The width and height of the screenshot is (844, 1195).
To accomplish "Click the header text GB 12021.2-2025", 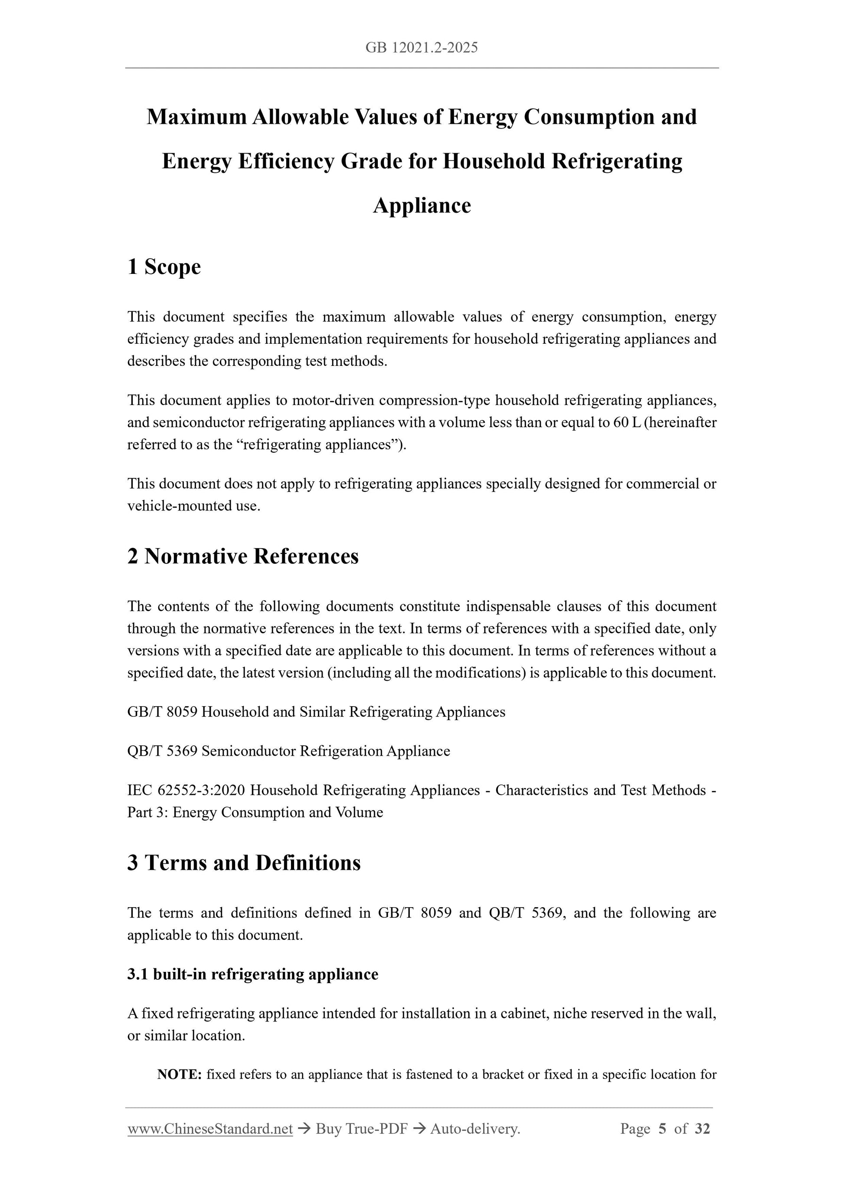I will pyautogui.click(x=421, y=49).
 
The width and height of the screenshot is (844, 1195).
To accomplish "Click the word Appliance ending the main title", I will pyautogui.click(x=422, y=206).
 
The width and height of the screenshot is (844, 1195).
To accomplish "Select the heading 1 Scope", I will pyautogui.click(x=164, y=267).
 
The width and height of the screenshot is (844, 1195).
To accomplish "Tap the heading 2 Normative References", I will pyautogui.click(x=243, y=556).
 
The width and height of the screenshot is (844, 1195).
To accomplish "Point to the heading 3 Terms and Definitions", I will pyautogui.click(x=244, y=863).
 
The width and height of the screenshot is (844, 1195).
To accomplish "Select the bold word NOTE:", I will pyautogui.click(x=180, y=1075).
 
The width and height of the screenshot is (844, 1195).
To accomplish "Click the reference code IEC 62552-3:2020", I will pyautogui.click(x=186, y=790).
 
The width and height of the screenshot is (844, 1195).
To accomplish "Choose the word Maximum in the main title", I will pyautogui.click(x=196, y=117).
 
